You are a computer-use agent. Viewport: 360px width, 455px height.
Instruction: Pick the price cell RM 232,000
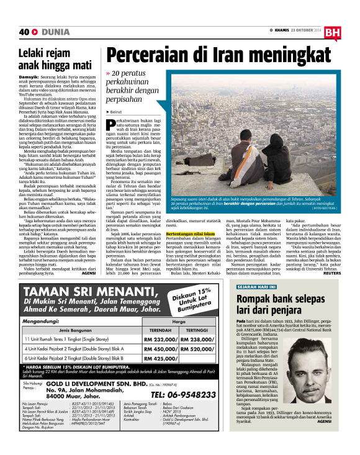159,340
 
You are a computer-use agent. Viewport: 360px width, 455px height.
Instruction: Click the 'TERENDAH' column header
161,330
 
